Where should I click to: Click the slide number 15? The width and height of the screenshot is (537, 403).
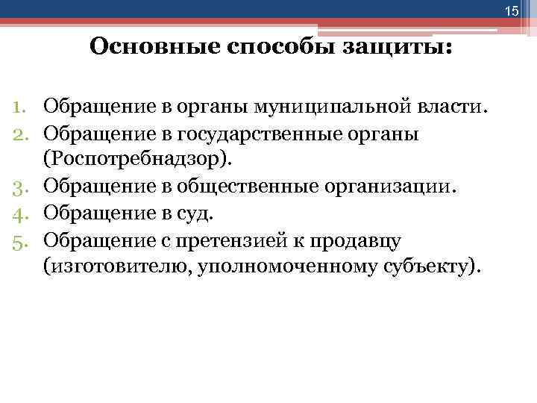[x=511, y=10]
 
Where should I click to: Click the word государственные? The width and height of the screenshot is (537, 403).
[x=271, y=134]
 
